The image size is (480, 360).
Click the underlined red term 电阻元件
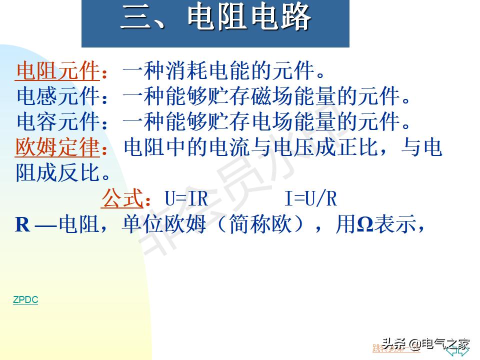(x=57, y=71)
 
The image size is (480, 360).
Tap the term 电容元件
(x=57, y=121)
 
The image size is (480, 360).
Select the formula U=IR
(x=186, y=199)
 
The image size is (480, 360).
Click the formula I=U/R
(x=310, y=199)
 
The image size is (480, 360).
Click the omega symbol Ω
(x=364, y=225)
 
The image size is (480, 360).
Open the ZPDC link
(x=25, y=300)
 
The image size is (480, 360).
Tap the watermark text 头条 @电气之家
(x=426, y=343)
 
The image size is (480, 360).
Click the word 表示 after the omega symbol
(x=395, y=224)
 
